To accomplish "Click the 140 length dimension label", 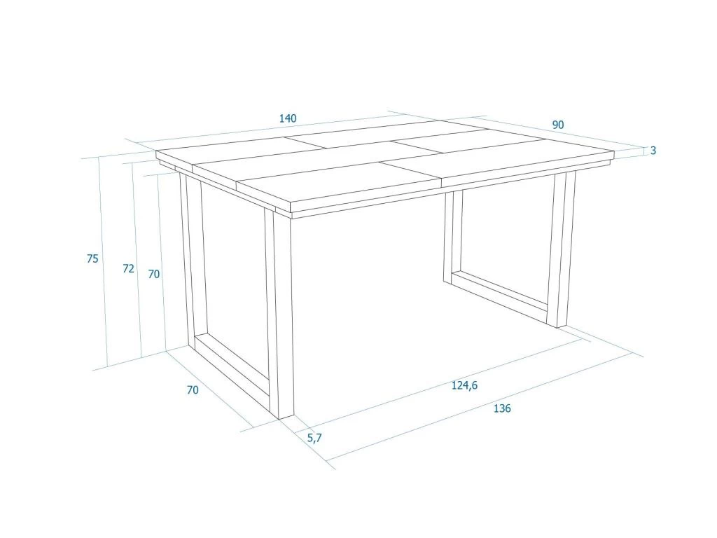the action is (288, 118).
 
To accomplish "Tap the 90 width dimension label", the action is (558, 125).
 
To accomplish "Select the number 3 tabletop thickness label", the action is (653, 150).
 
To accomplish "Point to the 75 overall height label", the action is (92, 258).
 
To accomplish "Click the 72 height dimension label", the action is (129, 268).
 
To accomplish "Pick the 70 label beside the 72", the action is (154, 274).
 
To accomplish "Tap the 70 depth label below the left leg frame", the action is (193, 389).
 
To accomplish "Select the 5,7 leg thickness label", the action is (314, 438).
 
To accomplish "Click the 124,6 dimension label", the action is (465, 386).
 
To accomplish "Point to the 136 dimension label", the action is (502, 408).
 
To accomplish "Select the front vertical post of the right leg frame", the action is (561, 250).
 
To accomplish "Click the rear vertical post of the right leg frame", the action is (453, 235).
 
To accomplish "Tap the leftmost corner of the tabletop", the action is (156, 151).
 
